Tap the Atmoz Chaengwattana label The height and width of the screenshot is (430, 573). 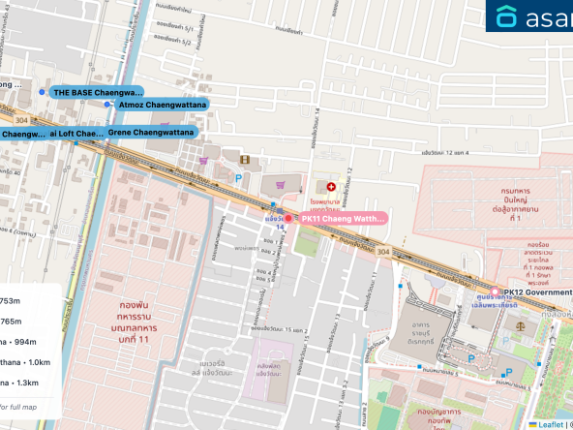pyautogui.click(x=161, y=104)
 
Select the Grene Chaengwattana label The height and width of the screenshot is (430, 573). pyautogui.click(x=151, y=132)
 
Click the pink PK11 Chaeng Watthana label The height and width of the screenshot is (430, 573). pyautogui.click(x=342, y=219)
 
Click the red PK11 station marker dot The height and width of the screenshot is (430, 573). pyautogui.click(x=287, y=219)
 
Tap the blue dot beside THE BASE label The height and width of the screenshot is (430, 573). pyautogui.click(x=43, y=92)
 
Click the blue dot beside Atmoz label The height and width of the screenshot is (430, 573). pyautogui.click(x=107, y=104)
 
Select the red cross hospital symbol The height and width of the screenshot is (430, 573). pyautogui.click(x=331, y=184)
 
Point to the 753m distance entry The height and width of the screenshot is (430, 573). pyautogui.click(x=12, y=300)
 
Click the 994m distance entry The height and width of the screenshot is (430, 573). pyautogui.click(x=21, y=342)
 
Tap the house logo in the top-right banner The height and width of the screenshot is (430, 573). pyautogui.click(x=507, y=16)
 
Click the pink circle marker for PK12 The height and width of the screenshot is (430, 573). pyautogui.click(x=496, y=292)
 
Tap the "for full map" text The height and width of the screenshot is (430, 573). pyautogui.click(x=19, y=407)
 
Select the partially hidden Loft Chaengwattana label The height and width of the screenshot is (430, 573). pyautogui.click(x=75, y=133)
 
